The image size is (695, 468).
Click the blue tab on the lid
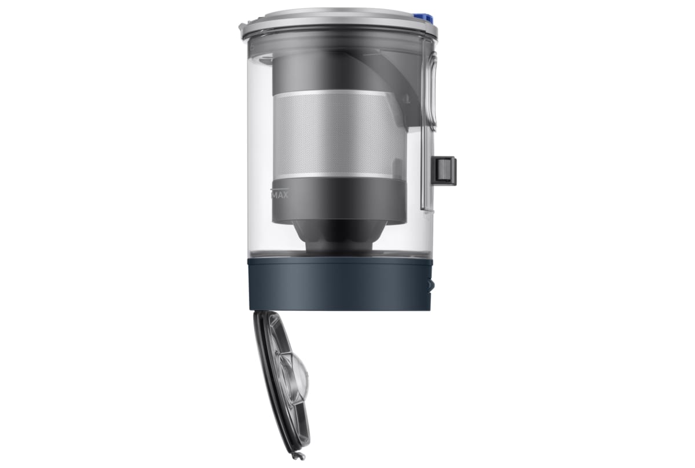424,17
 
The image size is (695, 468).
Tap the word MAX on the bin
280,195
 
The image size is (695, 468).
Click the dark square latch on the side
446,170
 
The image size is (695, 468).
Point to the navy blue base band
339,284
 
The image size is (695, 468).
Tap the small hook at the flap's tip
299,456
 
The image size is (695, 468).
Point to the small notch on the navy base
430,285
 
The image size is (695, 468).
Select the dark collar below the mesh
339,198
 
